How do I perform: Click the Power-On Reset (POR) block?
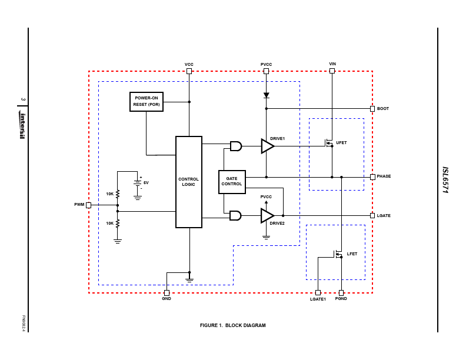click(147, 102)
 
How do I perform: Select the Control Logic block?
click(189, 182)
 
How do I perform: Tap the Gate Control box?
click(232, 182)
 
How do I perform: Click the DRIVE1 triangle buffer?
click(268, 146)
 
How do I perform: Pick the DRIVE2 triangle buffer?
click(267, 216)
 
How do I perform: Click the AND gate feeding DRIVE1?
click(236, 146)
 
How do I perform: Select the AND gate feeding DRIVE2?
click(236, 216)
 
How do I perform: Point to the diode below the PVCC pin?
click(267, 95)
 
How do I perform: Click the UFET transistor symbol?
click(329, 143)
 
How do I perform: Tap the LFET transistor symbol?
click(338, 254)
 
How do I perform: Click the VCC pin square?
click(189, 71)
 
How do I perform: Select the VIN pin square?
click(332, 71)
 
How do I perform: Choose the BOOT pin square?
click(372, 109)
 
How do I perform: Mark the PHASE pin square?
click(372, 177)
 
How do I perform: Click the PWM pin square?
click(89, 205)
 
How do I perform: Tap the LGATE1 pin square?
click(318, 292)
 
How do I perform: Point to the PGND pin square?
click(341, 292)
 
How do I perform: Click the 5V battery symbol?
click(137, 183)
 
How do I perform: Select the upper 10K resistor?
click(118, 194)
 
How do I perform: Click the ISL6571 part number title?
click(445, 180)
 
